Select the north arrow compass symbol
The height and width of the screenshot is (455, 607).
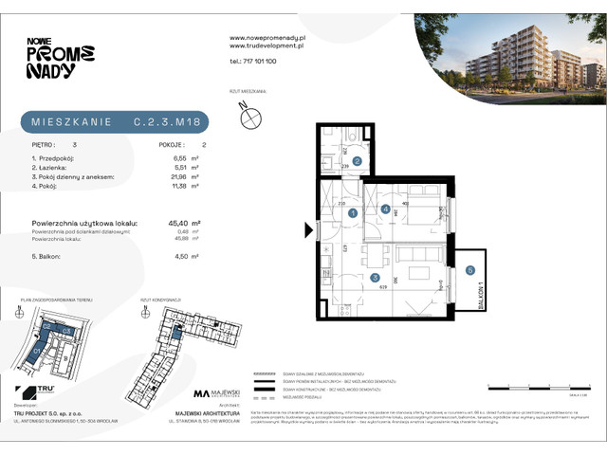pos(250,118)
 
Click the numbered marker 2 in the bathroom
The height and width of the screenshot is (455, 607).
pos(357,161)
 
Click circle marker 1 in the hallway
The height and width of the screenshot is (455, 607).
pos(351,213)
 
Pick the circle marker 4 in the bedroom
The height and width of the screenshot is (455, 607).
pos(385,208)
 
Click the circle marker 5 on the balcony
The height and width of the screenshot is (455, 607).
pos(471,271)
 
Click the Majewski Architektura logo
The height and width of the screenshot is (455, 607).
pos(224,393)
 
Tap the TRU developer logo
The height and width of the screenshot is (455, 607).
pos(30,391)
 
